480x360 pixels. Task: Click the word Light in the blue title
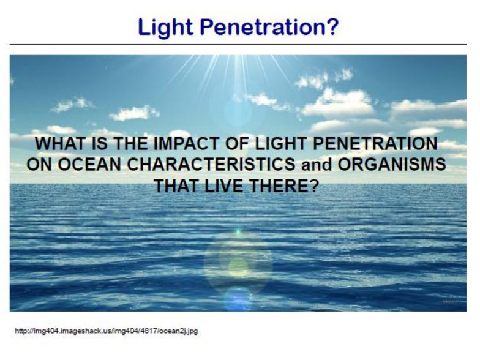[x=165, y=28]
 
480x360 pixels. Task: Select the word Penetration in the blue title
[x=260, y=27]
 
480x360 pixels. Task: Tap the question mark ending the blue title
[x=331, y=27]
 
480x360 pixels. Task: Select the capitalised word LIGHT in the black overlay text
[x=280, y=143]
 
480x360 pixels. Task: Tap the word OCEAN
[x=89, y=164]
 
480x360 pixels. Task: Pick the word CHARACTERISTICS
[x=211, y=164]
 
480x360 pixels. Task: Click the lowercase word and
[x=317, y=165]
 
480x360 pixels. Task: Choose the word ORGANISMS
[x=392, y=164]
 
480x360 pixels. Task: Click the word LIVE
[x=224, y=186]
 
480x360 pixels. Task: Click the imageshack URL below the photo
[x=107, y=331]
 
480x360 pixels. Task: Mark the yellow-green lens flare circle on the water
[x=238, y=267]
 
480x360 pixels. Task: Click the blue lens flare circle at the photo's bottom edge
[x=238, y=299]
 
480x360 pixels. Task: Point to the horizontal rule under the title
[x=238, y=45]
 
